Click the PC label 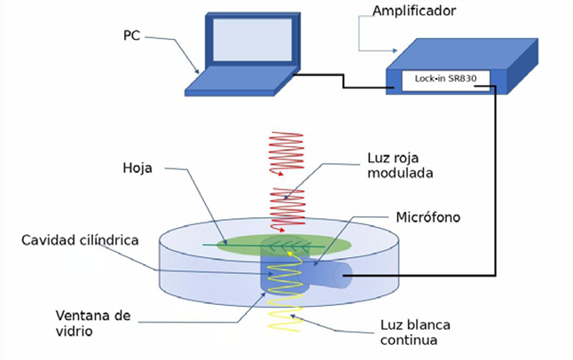tap(131, 35)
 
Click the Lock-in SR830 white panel tap(446, 79)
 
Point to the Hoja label tap(138, 168)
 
